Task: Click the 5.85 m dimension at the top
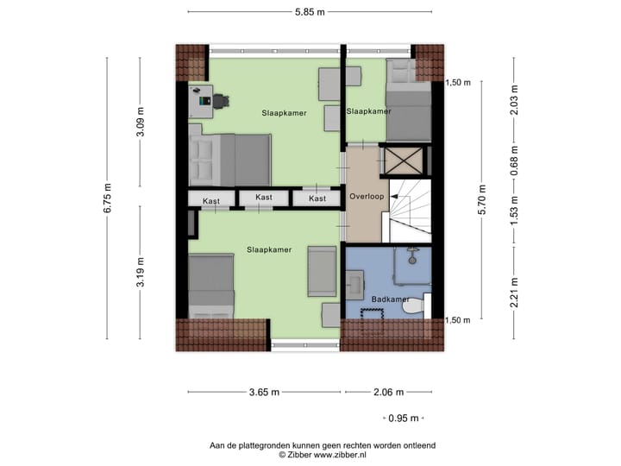(x=309, y=12)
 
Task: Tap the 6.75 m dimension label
(x=107, y=198)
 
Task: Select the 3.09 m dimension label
(x=141, y=123)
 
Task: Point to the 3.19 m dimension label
(x=141, y=274)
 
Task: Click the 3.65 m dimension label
(x=264, y=392)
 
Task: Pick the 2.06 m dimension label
(x=388, y=392)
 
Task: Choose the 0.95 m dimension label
(x=403, y=418)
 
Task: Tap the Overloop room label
(x=366, y=197)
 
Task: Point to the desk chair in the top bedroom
(x=222, y=100)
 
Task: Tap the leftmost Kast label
(x=211, y=201)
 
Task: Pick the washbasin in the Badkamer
(x=354, y=282)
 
